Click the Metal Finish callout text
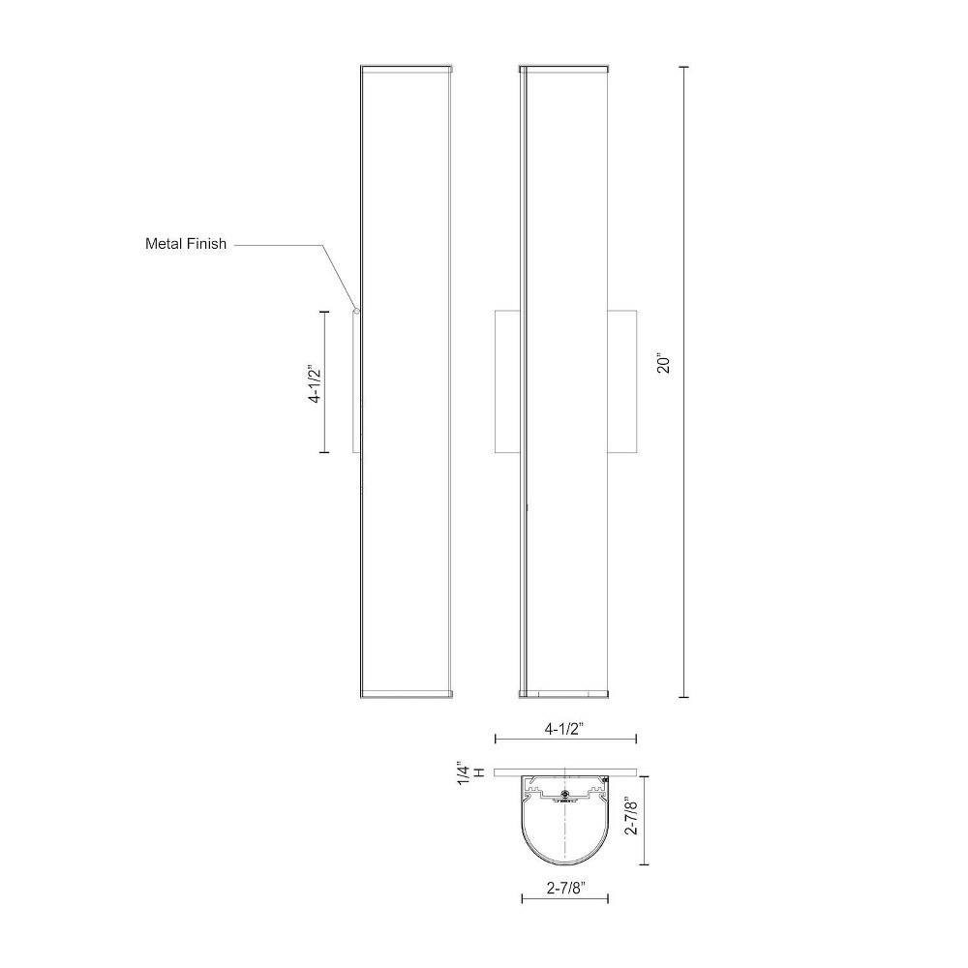[186, 244]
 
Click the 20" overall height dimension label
[664, 364]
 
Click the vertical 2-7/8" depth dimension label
[631, 815]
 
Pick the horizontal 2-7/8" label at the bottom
[565, 889]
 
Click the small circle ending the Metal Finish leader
[355, 310]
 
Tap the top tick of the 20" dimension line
[683, 67]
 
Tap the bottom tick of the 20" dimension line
[683, 697]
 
